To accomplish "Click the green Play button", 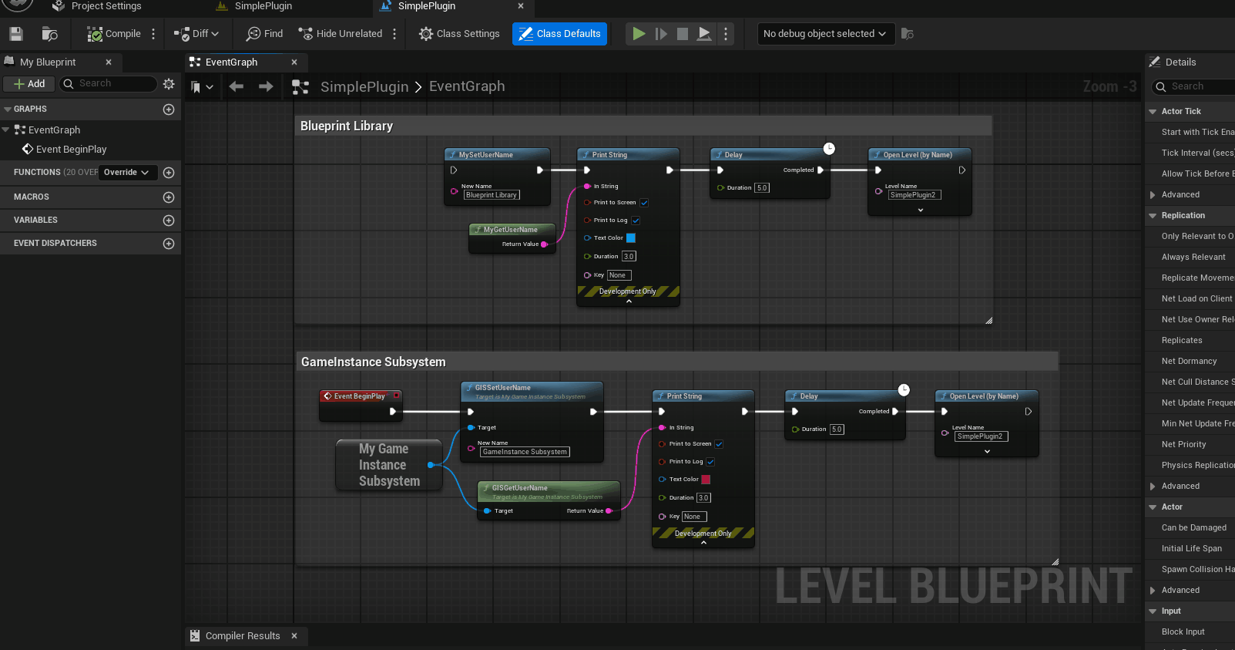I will (639, 34).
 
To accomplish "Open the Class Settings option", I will (459, 34).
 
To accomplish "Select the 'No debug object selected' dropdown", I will (824, 34).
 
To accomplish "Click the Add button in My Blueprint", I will (29, 84).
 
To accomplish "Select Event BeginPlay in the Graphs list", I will (71, 150).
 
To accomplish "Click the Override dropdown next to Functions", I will (126, 173).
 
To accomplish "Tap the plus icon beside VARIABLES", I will (169, 221).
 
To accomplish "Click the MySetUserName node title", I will (485, 155).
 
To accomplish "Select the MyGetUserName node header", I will (510, 230).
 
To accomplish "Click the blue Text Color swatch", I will (631, 238).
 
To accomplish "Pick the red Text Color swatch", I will (706, 480).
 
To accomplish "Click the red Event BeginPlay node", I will (359, 396).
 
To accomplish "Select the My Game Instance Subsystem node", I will (389, 465).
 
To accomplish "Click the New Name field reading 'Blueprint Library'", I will (492, 195).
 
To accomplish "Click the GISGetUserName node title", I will (519, 488).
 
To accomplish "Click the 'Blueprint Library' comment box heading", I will (347, 126).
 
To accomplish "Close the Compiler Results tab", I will (294, 636).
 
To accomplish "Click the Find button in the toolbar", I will (264, 34).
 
